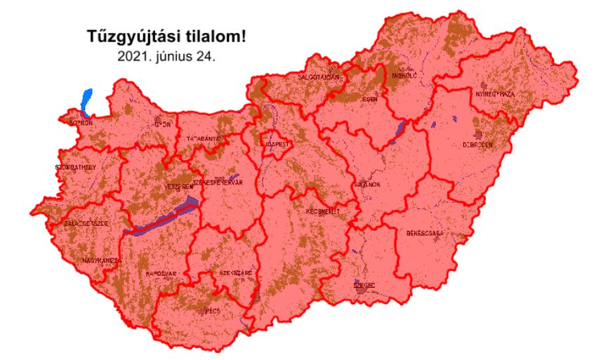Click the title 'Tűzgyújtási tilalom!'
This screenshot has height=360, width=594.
(166, 36)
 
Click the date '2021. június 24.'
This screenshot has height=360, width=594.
(166, 55)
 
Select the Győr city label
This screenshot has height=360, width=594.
(163, 126)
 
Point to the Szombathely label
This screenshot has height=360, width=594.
(74, 168)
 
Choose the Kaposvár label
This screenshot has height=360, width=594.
(159, 273)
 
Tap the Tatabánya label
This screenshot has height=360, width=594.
(203, 139)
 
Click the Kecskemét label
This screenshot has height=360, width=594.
(323, 211)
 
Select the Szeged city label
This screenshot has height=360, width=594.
(364, 286)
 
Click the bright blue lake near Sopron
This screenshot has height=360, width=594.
(86, 102)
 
